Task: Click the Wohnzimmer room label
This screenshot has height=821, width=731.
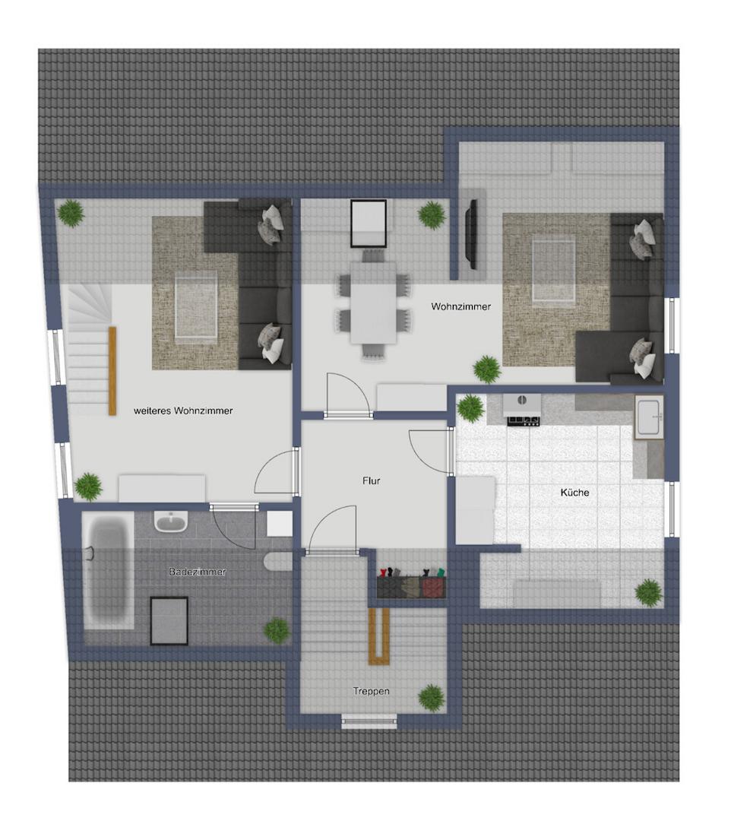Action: (x=460, y=306)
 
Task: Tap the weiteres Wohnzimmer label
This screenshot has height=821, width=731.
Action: (x=183, y=410)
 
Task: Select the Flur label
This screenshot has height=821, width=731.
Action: (x=371, y=480)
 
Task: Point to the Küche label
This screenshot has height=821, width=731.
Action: (x=574, y=492)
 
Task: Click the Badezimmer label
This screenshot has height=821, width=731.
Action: (x=198, y=572)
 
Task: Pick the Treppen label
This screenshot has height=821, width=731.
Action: (x=371, y=691)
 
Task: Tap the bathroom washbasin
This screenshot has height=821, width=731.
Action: (x=170, y=521)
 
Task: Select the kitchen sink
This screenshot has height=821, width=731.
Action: (x=649, y=417)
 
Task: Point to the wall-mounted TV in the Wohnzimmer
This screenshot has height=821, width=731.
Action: (x=473, y=234)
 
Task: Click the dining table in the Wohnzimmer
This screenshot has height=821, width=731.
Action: (x=373, y=303)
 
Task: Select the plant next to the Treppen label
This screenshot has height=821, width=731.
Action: (x=432, y=697)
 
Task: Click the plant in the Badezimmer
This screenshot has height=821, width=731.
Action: (x=277, y=630)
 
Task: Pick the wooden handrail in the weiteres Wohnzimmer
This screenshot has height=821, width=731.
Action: (x=112, y=371)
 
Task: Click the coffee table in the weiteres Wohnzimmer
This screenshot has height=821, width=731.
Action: (x=196, y=306)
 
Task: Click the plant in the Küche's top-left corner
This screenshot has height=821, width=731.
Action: (x=470, y=408)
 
